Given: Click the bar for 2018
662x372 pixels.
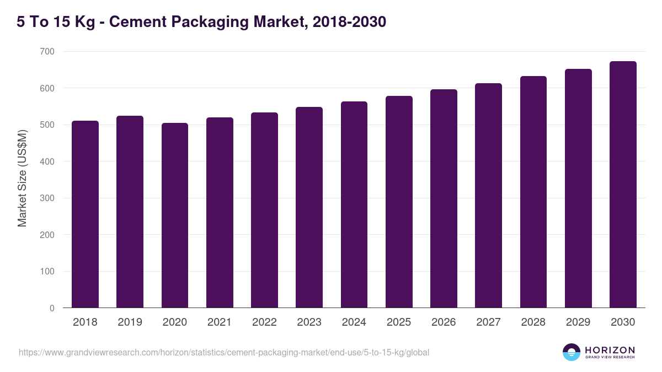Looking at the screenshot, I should [x=85, y=214].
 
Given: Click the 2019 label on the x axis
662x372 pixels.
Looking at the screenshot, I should [x=130, y=322].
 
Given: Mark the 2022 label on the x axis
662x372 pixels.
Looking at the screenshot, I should [x=264, y=322].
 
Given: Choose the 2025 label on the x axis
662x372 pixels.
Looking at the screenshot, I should [x=399, y=322].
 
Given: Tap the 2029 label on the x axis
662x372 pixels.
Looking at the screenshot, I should [x=578, y=322].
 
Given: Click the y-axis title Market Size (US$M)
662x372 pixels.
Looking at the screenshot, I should [x=22, y=179].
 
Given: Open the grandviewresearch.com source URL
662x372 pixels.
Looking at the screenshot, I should [x=223, y=352].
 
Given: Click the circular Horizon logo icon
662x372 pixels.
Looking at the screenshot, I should [x=571, y=352].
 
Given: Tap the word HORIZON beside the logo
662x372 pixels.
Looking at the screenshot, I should [x=610, y=349].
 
